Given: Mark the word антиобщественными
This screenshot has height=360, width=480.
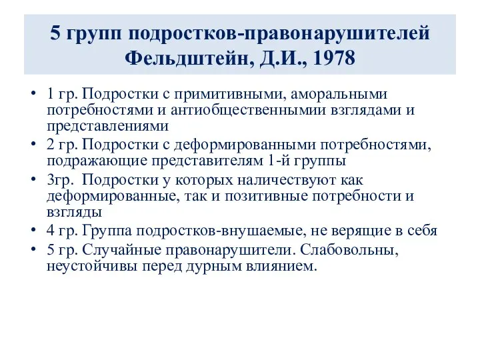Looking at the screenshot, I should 227,109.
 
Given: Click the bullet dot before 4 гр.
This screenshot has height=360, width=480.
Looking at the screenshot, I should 33,231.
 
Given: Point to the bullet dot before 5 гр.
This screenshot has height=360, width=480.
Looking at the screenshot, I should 33,251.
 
